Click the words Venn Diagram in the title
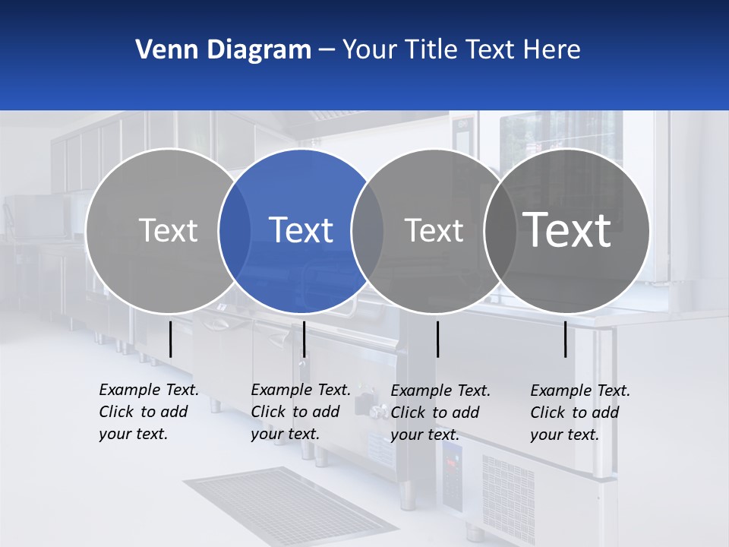tap(223, 50)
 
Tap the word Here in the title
tap(551, 50)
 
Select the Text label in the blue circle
tap(301, 230)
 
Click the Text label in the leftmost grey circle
tap(169, 230)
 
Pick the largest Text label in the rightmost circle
tap(567, 229)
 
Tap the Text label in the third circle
tap(434, 230)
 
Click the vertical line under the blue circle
tap(304, 339)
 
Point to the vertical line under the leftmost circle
tap(170, 339)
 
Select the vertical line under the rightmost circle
tap(565, 339)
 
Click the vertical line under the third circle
tap(437, 339)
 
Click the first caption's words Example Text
tap(149, 390)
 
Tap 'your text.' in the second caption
tap(285, 434)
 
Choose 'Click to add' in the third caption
tap(435, 413)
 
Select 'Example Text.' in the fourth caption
tap(580, 390)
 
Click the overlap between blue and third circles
tap(368, 231)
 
